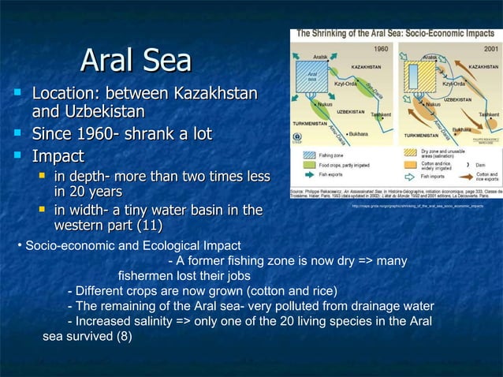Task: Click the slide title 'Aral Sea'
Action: click(x=136, y=62)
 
